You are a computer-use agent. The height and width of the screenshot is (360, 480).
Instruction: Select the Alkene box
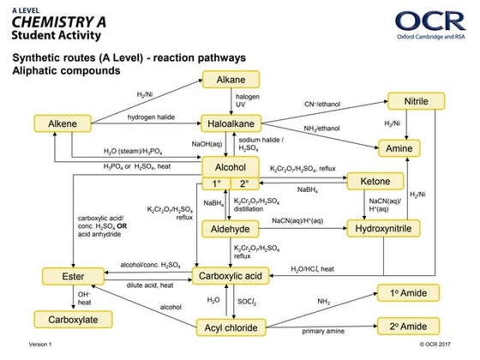coord(63,123)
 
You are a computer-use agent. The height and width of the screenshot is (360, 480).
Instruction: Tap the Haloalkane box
coord(231,123)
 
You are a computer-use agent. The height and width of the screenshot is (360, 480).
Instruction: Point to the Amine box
coord(416,147)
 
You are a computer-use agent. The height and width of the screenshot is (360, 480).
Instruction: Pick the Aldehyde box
coord(230,229)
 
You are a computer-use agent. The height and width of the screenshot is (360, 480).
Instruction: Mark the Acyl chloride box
coord(230,327)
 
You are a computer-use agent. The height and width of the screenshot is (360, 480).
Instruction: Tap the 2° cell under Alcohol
coord(244,184)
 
